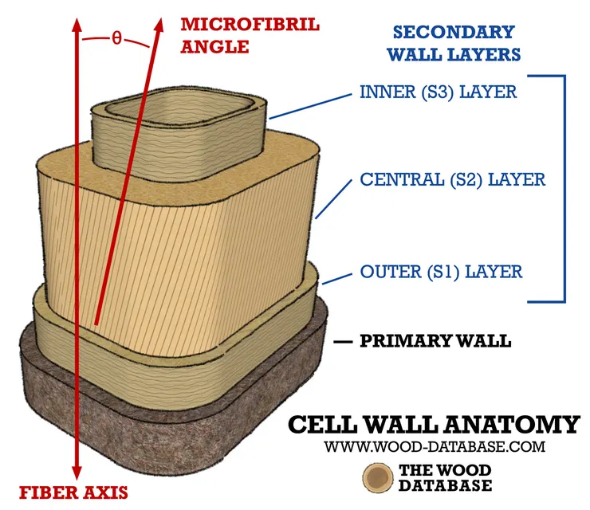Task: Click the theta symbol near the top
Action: tap(117, 37)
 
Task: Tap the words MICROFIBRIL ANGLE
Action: tap(250, 36)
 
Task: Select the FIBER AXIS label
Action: tap(73, 492)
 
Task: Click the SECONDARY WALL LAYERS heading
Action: tap(454, 43)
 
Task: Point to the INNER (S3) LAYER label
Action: tap(439, 92)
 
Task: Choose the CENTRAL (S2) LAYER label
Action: tap(453, 179)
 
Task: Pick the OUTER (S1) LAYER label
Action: tap(442, 272)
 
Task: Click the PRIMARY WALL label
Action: tap(436, 341)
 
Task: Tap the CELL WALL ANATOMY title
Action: tap(434, 425)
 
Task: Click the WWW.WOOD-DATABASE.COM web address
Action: tap(435, 447)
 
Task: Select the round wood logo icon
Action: tap(378, 477)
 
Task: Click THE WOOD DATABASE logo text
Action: tap(445, 477)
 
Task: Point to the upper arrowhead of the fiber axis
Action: tap(77, 25)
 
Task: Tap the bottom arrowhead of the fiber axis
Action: tap(77, 472)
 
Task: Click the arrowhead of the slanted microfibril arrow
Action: tap(159, 25)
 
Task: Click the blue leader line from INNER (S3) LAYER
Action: tap(310, 107)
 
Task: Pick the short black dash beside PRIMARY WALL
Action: tap(343, 342)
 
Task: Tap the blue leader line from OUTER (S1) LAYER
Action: tap(336, 279)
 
